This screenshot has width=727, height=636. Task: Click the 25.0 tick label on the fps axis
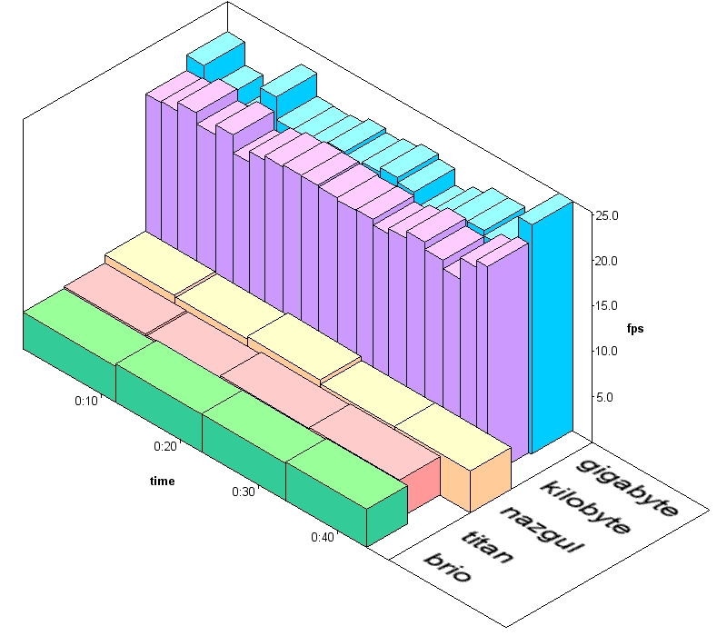(x=607, y=215)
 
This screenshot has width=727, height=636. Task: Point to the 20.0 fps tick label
(x=607, y=261)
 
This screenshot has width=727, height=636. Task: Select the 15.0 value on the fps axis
(x=607, y=306)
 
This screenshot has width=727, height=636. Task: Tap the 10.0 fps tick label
(x=607, y=351)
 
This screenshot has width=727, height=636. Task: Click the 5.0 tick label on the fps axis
(x=604, y=397)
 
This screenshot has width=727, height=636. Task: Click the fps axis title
(x=635, y=329)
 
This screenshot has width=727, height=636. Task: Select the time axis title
(x=163, y=482)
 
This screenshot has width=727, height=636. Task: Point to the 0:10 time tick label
(x=86, y=401)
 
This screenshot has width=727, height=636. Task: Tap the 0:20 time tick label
(x=165, y=446)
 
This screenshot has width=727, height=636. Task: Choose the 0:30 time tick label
(x=244, y=492)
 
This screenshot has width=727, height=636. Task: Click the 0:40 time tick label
(x=323, y=537)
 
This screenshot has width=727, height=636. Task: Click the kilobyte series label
(x=586, y=507)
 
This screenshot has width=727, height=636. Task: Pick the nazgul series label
(x=541, y=530)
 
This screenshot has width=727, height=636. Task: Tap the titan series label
(x=488, y=547)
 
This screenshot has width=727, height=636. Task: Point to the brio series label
(x=448, y=567)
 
